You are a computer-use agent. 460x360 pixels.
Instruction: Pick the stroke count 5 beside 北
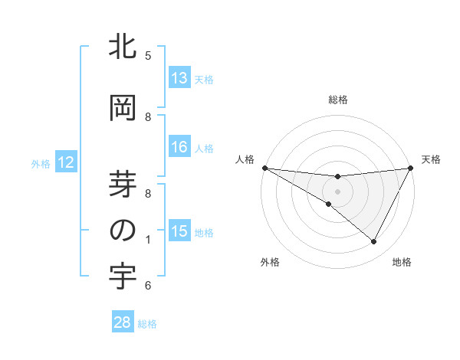[x=148, y=56]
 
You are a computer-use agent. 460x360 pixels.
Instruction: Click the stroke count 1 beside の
[x=148, y=240]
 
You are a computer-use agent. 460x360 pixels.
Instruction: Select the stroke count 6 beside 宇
[x=148, y=286]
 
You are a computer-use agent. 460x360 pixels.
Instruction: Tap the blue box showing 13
[x=179, y=78]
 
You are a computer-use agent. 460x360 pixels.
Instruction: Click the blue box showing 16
[x=179, y=147]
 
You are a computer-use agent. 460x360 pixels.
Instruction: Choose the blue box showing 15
[x=179, y=231]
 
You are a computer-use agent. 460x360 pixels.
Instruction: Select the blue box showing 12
[x=65, y=162]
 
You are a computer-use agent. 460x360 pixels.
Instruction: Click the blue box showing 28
[x=123, y=323]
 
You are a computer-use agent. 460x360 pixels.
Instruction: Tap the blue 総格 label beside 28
[x=147, y=324]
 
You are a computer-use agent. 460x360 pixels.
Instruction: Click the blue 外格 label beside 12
[x=41, y=163]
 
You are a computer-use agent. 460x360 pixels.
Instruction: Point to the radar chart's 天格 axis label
[x=432, y=159]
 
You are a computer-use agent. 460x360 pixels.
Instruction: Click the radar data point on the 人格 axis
[x=264, y=167]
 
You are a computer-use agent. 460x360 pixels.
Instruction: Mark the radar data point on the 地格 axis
[x=373, y=242]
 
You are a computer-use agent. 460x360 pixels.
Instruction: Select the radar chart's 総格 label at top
[x=338, y=100]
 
